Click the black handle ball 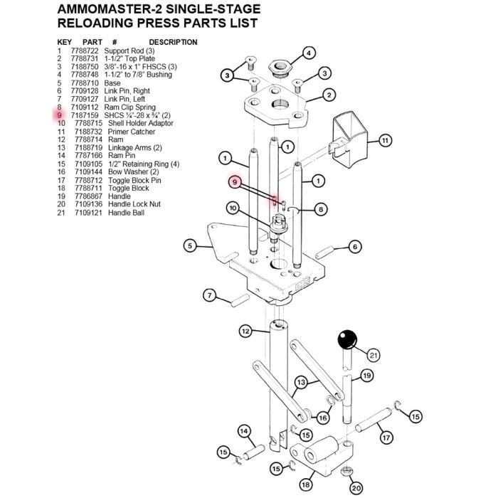[347, 339]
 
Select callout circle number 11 [385, 140]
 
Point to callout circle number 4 [308, 53]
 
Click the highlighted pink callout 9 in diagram [234, 182]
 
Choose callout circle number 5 [189, 247]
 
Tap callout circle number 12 [245, 331]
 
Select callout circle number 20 [356, 488]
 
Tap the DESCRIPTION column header [173, 43]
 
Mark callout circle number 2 [329, 95]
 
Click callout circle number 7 [210, 295]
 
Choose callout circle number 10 [233, 208]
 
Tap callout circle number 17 [386, 438]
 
